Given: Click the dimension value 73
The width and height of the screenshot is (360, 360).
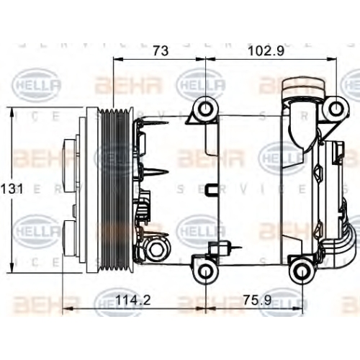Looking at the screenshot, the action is pos(161,51).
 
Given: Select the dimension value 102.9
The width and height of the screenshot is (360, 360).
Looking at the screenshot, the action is pos(266,51).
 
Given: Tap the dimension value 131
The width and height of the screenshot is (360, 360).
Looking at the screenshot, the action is pos(12,189).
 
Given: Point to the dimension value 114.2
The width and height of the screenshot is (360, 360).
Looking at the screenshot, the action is pos(133,300).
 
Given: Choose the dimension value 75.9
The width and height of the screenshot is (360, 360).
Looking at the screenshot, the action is pos(257,300).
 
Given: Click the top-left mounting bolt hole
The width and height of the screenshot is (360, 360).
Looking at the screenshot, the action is pos(206,109).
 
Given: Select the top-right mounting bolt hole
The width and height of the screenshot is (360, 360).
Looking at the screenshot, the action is pos(336,109).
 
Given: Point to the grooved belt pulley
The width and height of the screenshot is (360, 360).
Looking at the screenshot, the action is pos(115,192).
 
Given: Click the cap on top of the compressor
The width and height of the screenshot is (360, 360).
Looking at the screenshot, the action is pos(304,86).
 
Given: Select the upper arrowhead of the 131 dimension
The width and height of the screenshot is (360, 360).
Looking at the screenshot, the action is pos(12,112).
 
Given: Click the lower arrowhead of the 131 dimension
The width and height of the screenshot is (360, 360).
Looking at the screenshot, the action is pos(12,267).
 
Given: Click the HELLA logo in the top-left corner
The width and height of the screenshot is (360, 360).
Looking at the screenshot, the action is pos(36,84).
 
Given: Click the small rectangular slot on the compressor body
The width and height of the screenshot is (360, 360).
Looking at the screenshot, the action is pos(211,189).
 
